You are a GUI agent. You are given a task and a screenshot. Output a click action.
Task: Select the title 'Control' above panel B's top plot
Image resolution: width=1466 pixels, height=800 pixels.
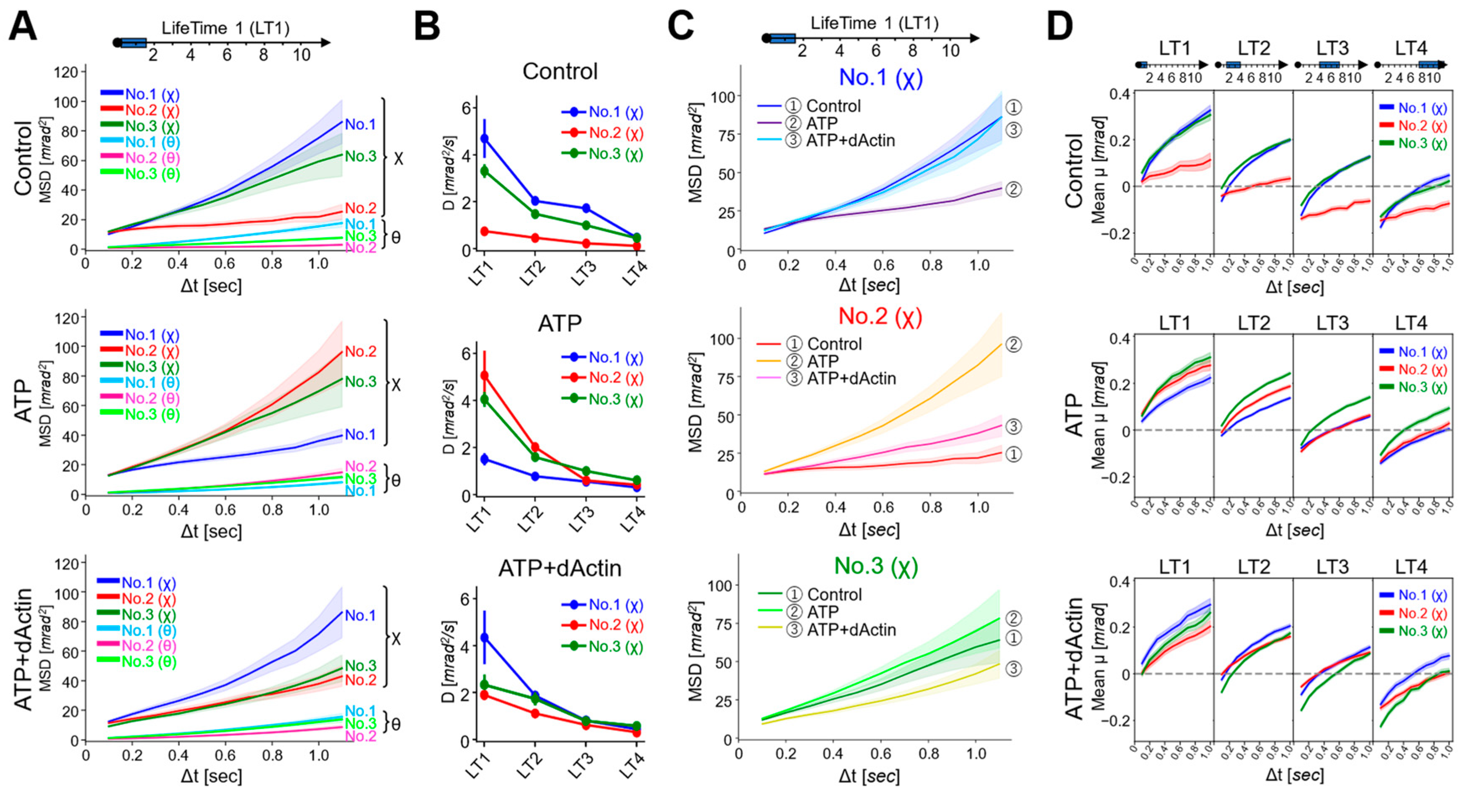560,72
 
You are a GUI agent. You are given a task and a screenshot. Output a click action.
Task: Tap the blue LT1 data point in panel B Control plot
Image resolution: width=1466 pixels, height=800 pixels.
484,138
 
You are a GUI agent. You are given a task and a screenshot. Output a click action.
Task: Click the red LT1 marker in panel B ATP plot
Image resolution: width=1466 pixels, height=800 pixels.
484,376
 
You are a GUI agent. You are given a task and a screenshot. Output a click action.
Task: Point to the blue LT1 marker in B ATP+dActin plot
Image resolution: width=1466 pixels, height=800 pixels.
484,638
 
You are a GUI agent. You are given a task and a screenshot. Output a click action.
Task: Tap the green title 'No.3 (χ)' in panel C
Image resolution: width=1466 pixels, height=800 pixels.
876,566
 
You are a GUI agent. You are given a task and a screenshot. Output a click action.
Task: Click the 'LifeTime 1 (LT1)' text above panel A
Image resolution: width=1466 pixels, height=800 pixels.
225,28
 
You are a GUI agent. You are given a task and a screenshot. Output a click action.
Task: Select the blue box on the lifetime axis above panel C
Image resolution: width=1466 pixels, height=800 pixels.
782,38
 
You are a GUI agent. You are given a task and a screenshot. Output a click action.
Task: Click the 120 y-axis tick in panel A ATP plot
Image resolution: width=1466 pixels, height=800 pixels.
66,317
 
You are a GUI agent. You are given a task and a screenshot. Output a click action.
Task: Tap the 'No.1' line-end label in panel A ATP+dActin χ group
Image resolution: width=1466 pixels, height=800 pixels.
360,616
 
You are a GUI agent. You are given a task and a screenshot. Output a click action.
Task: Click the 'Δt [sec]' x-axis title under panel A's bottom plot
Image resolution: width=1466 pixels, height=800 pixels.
211,776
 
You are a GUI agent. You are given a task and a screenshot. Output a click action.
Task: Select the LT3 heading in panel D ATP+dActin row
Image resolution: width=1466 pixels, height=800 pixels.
1332,567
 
